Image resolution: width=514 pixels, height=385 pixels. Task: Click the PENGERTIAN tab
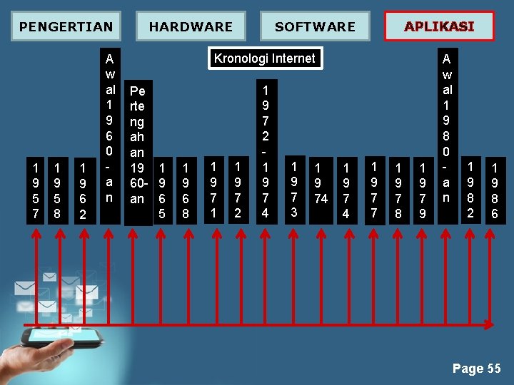66,26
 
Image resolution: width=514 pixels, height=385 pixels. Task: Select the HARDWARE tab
191,26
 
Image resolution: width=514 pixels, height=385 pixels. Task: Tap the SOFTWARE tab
315,26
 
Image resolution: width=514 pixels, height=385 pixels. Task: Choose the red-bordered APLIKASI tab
439,26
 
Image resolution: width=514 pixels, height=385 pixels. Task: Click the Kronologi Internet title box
265,58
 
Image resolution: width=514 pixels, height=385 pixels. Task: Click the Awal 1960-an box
109,128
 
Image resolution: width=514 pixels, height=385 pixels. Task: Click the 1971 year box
213,190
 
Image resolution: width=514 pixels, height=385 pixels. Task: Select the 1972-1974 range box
266,150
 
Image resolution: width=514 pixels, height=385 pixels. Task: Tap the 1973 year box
293,190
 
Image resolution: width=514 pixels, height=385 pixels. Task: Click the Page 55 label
476,369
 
